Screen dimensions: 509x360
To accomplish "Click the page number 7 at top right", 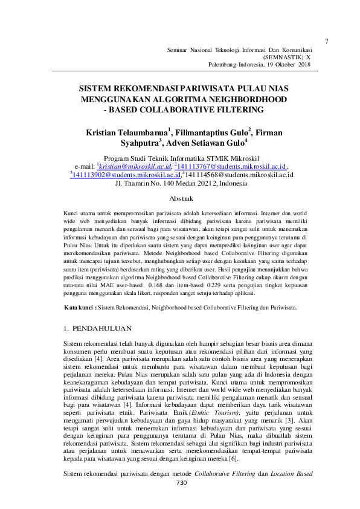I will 327,41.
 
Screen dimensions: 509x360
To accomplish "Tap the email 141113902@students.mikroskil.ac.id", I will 126,174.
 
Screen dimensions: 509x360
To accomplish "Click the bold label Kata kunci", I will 80,308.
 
